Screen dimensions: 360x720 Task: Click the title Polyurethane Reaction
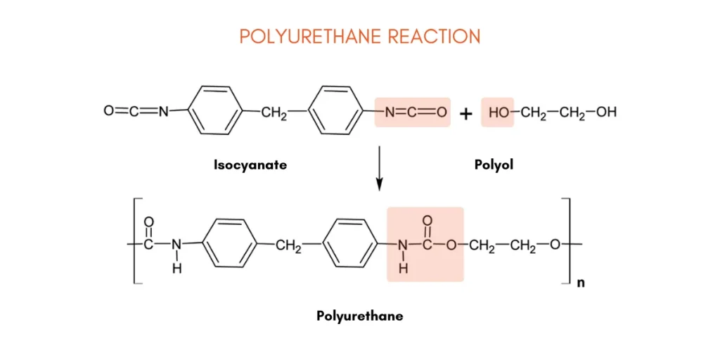[x=359, y=36]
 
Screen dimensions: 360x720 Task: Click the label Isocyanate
[x=250, y=165]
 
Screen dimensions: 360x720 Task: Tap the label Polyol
[x=494, y=165]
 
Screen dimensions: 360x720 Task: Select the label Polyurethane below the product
[x=359, y=316]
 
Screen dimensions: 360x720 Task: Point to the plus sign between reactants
[x=465, y=113]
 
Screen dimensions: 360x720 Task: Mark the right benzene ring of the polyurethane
[x=349, y=244]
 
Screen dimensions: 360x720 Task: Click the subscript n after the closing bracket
[x=581, y=284]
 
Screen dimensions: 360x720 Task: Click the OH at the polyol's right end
[x=606, y=112]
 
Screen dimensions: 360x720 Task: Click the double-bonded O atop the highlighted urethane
[x=427, y=221]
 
